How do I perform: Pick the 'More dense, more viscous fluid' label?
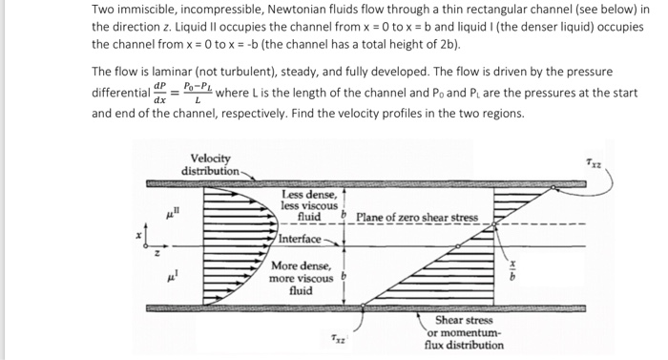coord(303,278)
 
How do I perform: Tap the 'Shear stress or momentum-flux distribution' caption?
coord(466,332)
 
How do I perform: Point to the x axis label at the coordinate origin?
coord(138,232)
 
